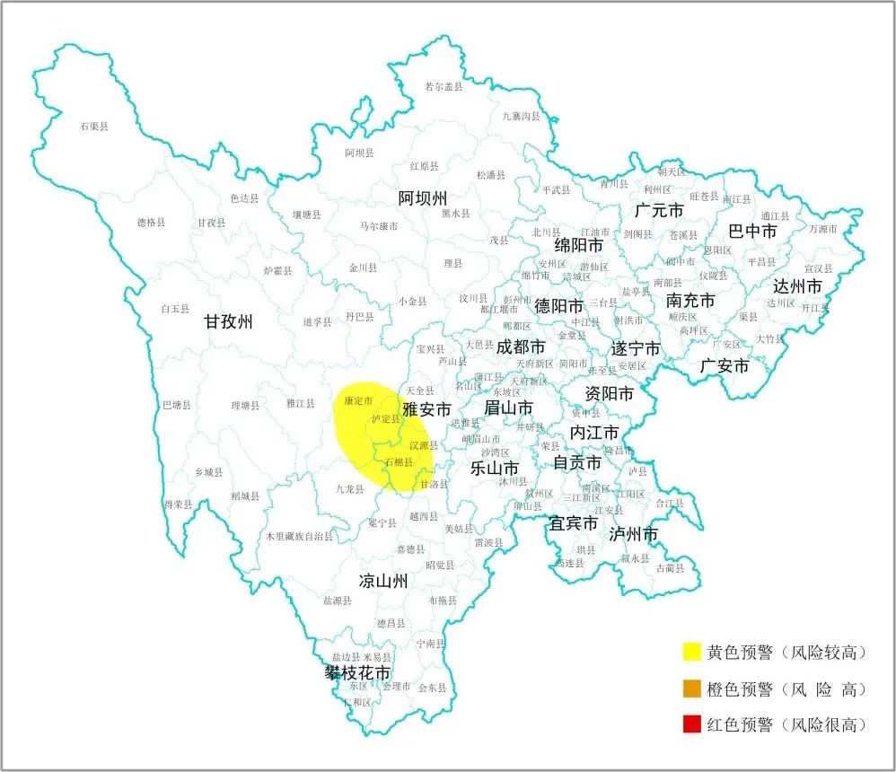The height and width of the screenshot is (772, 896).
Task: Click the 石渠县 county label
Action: [93, 127]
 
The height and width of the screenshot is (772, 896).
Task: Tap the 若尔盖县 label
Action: [444, 86]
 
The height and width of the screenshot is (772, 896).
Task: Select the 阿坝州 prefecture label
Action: [423, 198]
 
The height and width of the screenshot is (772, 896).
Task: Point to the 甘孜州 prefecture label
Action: [228, 322]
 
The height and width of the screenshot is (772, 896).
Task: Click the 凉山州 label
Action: [383, 581]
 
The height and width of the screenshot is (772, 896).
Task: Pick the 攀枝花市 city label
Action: [358, 672]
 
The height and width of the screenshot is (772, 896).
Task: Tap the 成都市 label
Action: [521, 347]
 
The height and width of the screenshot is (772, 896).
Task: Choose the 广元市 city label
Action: [659, 211]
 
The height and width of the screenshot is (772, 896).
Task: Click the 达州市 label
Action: [797, 287]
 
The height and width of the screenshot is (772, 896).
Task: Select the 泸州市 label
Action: [633, 535]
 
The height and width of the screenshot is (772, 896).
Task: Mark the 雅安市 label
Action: [426, 410]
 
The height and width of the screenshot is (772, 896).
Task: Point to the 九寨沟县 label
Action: [522, 116]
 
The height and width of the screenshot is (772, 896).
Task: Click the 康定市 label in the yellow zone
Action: [358, 400]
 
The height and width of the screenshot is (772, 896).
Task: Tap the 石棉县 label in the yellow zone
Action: [398, 462]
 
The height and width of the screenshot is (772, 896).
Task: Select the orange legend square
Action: [691, 689]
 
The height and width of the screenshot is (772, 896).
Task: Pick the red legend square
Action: [691, 724]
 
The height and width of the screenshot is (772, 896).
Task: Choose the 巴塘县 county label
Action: [176, 405]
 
